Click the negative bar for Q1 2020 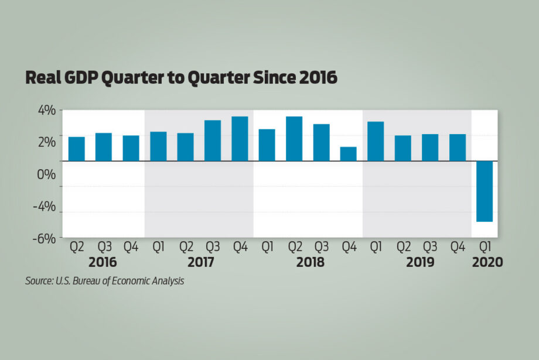pyautogui.click(x=485, y=191)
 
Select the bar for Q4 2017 pyautogui.click(x=240, y=138)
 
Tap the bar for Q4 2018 pyautogui.click(x=349, y=153)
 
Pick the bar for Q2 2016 pyautogui.click(x=77, y=148)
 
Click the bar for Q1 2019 pyautogui.click(x=376, y=140)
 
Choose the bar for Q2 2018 pyautogui.click(x=294, y=138)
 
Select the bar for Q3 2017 pyautogui.click(x=213, y=140)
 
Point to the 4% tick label pyautogui.click(x=45, y=110)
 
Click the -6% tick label pyautogui.click(x=43, y=238)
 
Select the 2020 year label pyautogui.click(x=487, y=262)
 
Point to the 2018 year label pyautogui.click(x=311, y=262)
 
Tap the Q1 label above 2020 pyautogui.click(x=485, y=246)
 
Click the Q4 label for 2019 pyautogui.click(x=458, y=246)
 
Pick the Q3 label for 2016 pyautogui.click(x=104, y=246)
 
